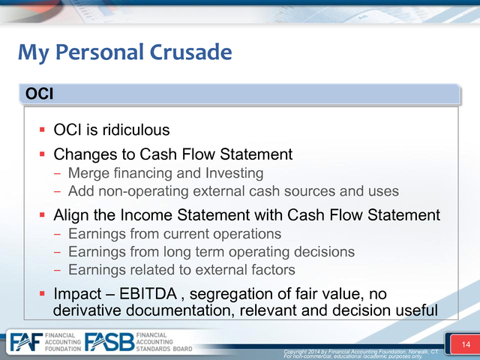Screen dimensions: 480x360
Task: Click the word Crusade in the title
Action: pos(190,52)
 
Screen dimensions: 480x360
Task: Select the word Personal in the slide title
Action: pos(100,52)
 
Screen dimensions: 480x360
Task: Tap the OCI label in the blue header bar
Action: pos(39,93)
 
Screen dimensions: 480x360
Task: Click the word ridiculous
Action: pos(136,130)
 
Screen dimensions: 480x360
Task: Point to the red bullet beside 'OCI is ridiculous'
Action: pos(42,130)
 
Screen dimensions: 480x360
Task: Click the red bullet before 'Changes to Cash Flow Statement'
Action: pos(42,154)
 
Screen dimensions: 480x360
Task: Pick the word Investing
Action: pos(234,173)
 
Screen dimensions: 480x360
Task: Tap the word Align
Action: pos(71,215)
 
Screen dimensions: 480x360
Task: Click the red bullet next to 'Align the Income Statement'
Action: pos(42,215)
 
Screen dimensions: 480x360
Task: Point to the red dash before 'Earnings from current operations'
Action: pos(57,235)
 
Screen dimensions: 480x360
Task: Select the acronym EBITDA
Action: pos(148,294)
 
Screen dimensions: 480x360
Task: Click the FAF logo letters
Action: pos(26,342)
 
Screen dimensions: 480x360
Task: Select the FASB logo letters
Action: pos(109,342)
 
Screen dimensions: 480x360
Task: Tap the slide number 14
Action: pos(466,345)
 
